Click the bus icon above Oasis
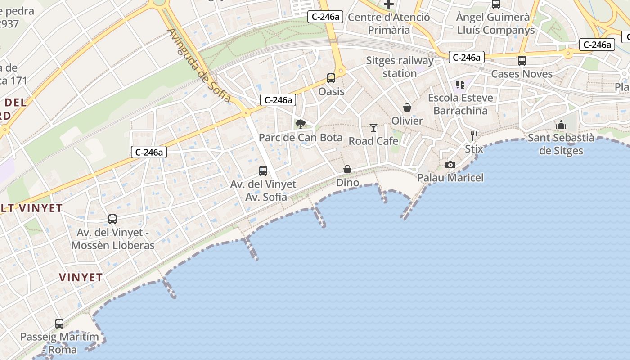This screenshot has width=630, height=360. point(331,78)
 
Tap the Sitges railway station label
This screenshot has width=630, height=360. point(400,67)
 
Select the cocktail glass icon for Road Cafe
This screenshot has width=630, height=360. point(373,128)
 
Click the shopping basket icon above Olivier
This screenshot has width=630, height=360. point(407,108)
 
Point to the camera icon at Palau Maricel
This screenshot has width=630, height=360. point(450,165)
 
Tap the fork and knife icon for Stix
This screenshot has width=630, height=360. point(474,135)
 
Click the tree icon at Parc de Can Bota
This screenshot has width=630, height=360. point(300,124)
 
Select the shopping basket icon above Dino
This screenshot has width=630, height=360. point(347,169)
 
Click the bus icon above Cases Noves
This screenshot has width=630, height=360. point(522,60)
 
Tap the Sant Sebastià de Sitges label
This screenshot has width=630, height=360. point(561,144)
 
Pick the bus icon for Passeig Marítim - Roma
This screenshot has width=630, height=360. point(59,323)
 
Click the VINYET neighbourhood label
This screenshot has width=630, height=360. point(81,277)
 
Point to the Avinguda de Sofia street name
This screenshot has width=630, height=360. point(199,66)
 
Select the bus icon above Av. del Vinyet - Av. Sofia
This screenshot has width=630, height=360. point(263,171)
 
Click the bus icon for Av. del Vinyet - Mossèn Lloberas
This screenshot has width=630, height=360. point(112,219)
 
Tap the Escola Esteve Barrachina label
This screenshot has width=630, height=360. point(460,104)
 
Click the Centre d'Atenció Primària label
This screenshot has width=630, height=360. point(389,23)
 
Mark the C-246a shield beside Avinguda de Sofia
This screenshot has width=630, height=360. point(278,100)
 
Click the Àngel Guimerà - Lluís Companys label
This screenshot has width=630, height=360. point(496,23)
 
